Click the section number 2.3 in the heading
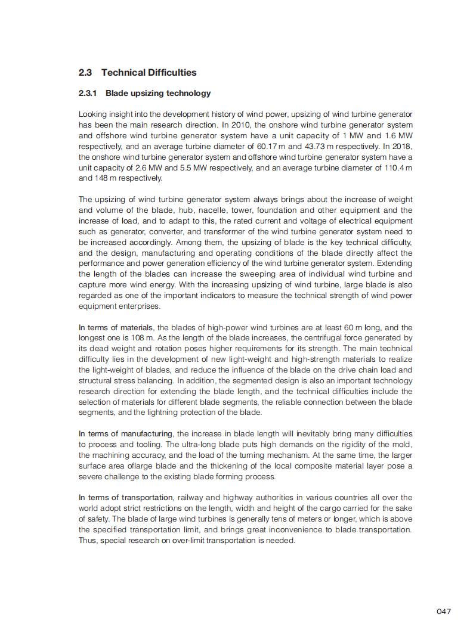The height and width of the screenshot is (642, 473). tap(85, 73)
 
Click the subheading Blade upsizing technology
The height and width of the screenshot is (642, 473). tap(158, 94)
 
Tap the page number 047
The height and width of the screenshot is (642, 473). tap(444, 611)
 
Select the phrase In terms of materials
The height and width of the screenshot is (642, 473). tap(116, 327)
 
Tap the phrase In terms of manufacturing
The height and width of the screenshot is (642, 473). tap(125, 433)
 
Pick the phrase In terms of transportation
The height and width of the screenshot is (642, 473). tap(126, 498)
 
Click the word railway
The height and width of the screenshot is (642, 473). tap(191, 498)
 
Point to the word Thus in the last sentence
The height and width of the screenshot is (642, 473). tap(88, 541)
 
